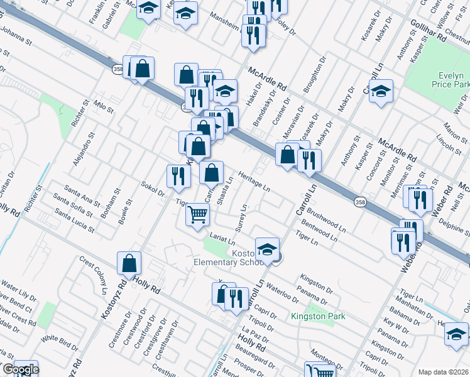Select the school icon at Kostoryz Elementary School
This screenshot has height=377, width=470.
pos(267,248)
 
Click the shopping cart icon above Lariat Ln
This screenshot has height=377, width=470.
pos(198,215)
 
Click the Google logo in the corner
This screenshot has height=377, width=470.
pos(21,369)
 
